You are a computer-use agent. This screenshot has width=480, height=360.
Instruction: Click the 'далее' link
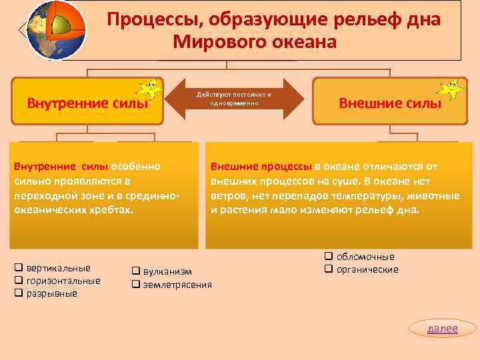point(443,328)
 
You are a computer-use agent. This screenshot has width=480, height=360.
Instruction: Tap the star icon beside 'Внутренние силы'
point(148,88)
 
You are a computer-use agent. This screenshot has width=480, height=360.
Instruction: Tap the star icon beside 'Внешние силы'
point(451,88)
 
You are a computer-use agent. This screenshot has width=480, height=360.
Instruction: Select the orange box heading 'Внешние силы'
point(389,103)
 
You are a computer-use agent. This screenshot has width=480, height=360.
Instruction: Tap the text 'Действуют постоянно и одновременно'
point(234,99)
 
